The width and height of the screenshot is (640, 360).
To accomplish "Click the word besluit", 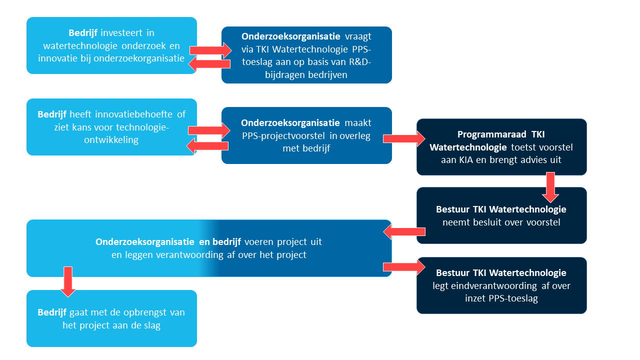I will pyautogui.click(x=487, y=222).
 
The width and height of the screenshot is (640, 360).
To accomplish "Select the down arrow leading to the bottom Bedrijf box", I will pyautogui.click(x=68, y=281).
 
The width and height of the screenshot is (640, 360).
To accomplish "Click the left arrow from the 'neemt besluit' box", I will pyautogui.click(x=404, y=231).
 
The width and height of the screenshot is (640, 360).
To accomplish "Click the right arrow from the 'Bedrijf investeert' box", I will pyautogui.click(x=210, y=49).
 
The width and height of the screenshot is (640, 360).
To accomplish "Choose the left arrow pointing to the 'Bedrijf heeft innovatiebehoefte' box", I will pyautogui.click(x=207, y=146).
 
